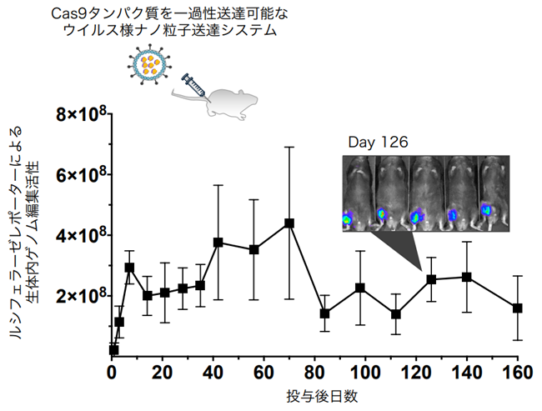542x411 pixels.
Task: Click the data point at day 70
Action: (x=289, y=223)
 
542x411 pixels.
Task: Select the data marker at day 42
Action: (x=218, y=242)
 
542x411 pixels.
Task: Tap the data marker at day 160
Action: (x=517, y=308)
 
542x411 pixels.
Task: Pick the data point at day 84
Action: (x=324, y=313)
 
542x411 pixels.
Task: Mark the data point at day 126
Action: (x=431, y=279)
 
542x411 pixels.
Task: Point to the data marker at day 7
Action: (x=130, y=268)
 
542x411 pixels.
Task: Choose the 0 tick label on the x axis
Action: (x=112, y=371)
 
